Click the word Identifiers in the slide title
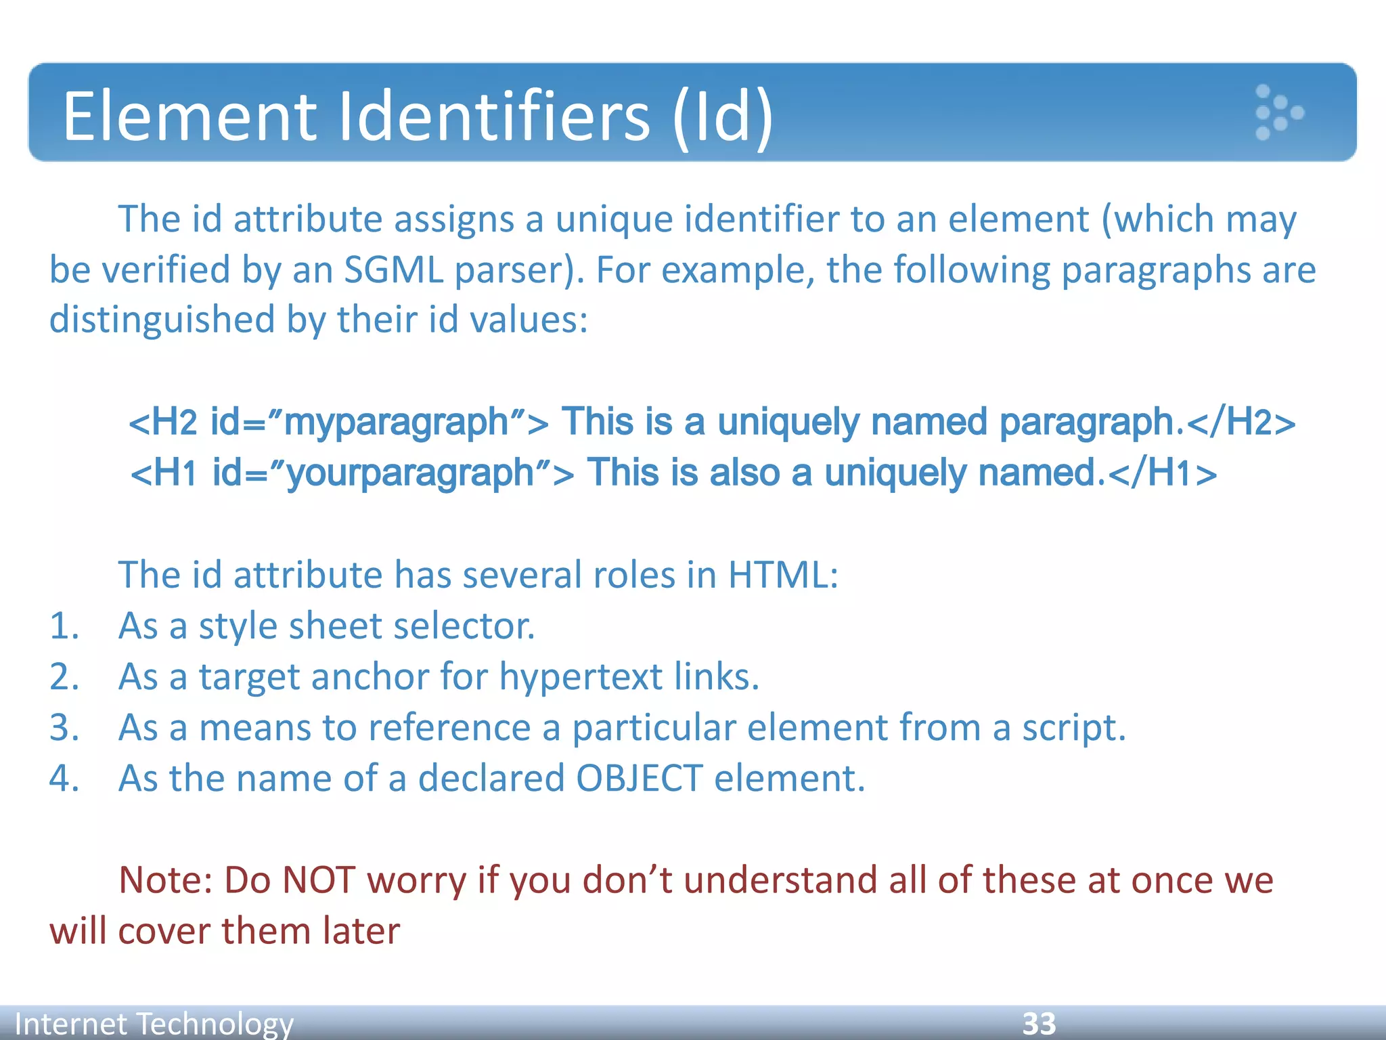click(494, 116)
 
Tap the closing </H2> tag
click(1241, 422)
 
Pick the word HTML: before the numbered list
click(782, 576)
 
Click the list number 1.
click(64, 626)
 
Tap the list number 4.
click(64, 779)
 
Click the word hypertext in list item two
click(581, 677)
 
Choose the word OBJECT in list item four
click(639, 779)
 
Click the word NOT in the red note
click(318, 881)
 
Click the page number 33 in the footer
click(1039, 1024)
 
